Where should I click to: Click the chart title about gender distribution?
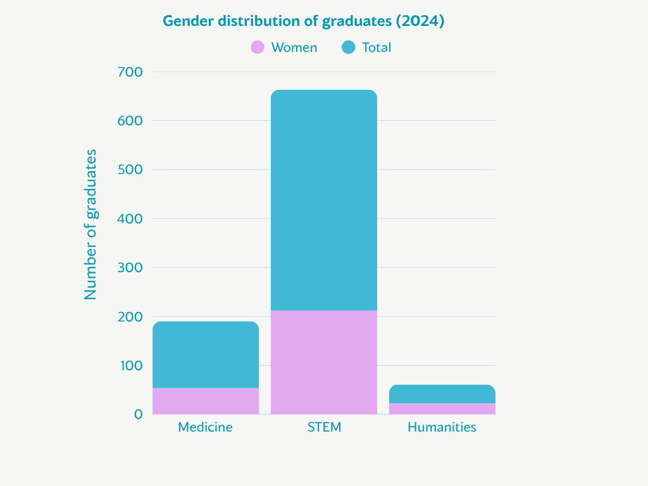click(x=303, y=21)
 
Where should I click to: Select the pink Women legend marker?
click(x=258, y=47)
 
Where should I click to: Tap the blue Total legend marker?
click(x=348, y=47)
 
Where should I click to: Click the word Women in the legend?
click(x=294, y=47)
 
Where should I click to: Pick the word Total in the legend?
click(x=377, y=47)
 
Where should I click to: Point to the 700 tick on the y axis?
click(x=130, y=72)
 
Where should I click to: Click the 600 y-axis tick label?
click(x=130, y=121)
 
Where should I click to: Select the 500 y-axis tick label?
click(x=130, y=170)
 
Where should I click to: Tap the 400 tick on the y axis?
click(x=130, y=219)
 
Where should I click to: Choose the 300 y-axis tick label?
click(x=130, y=268)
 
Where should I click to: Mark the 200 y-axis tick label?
click(x=130, y=316)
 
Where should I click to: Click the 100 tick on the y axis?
click(x=130, y=366)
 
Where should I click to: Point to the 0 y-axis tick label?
click(x=139, y=414)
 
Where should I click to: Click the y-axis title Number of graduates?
click(x=91, y=225)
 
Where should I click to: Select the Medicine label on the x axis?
click(x=205, y=427)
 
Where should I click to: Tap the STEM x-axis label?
click(x=324, y=427)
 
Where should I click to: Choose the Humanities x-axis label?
click(x=442, y=427)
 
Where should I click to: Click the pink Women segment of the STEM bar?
click(x=324, y=362)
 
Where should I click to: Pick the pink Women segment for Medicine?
click(x=206, y=401)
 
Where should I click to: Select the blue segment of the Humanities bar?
click(x=442, y=394)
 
